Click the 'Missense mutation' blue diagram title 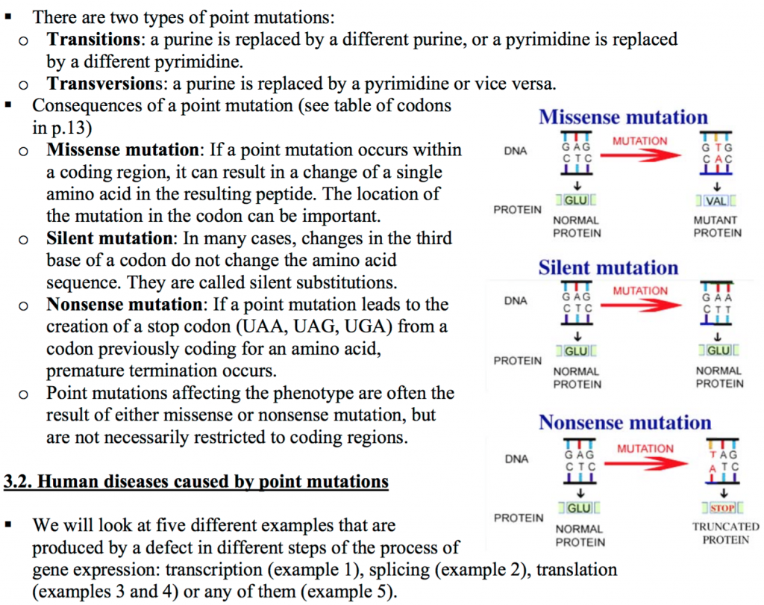tap(623, 117)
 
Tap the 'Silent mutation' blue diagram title tap(608, 268)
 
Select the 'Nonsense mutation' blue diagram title tap(624, 423)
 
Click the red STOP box tap(721, 509)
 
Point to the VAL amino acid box tap(718, 201)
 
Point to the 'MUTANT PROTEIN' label tap(717, 226)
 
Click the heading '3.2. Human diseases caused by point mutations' tap(196, 482)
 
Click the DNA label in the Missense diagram tap(515, 151)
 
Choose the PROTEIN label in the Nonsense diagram tap(519, 517)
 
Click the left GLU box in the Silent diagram tap(577, 352)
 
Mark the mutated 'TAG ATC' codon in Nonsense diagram tap(722, 459)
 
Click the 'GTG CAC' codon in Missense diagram tap(718, 153)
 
